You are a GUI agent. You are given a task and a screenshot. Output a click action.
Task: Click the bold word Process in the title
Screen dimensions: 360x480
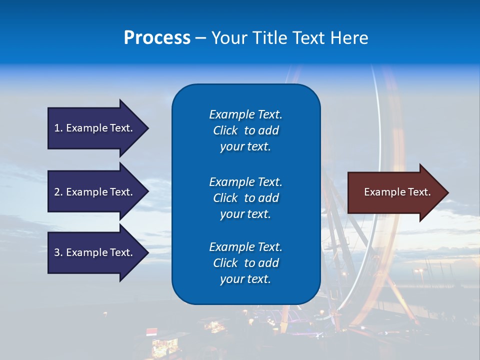pyautogui.click(x=157, y=38)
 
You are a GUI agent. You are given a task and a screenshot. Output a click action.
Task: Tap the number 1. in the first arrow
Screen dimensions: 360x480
pyautogui.click(x=58, y=128)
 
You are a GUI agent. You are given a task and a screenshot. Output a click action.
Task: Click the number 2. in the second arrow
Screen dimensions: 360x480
pyautogui.click(x=58, y=192)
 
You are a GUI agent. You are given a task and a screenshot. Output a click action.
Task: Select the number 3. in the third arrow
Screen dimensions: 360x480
pyautogui.click(x=58, y=252)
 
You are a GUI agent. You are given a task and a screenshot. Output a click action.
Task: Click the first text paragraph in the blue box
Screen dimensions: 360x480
pyautogui.click(x=245, y=130)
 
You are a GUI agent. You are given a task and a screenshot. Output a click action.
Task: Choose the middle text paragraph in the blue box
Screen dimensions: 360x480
pyautogui.click(x=245, y=197)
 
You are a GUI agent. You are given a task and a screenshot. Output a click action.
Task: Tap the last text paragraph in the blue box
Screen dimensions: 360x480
pyautogui.click(x=245, y=263)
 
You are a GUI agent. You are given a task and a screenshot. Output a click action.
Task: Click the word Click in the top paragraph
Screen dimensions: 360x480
pyautogui.click(x=225, y=130)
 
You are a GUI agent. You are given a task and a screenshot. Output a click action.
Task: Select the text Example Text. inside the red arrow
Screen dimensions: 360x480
pyautogui.click(x=397, y=192)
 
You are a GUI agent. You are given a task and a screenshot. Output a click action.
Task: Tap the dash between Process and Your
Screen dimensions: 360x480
pyautogui.click(x=200, y=38)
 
